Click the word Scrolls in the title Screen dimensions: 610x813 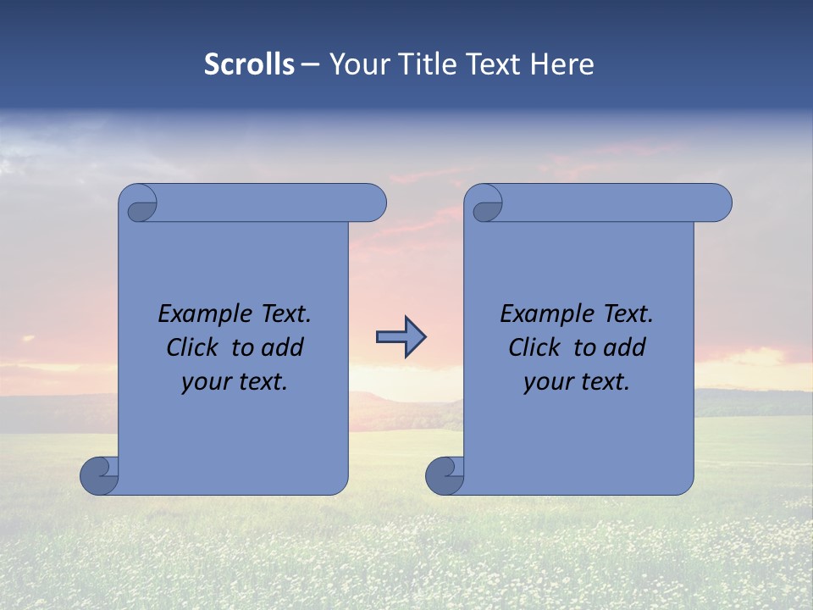click(249, 64)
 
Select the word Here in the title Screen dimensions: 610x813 click(562, 64)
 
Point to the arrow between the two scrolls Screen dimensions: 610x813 click(401, 336)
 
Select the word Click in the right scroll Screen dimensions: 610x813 click(532, 348)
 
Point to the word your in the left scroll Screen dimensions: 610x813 click(205, 383)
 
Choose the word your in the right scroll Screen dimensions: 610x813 click(547, 383)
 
